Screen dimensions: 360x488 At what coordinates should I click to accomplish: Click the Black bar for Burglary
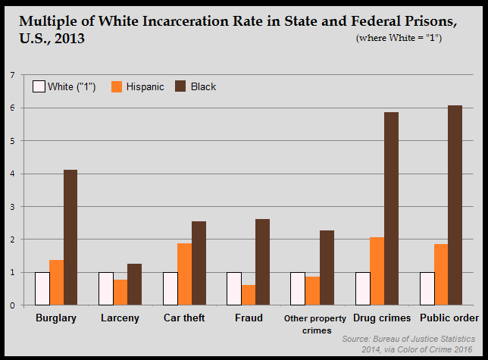point(70,237)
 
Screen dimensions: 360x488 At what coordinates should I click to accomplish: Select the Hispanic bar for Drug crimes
point(376,271)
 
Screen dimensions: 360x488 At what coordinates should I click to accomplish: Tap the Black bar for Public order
point(455,205)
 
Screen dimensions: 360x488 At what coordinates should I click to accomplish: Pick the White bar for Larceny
point(106,289)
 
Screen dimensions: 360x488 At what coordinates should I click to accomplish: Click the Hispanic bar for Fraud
point(249,295)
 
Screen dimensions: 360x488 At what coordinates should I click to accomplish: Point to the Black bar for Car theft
point(199,263)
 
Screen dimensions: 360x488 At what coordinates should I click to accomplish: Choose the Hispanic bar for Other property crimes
point(312,291)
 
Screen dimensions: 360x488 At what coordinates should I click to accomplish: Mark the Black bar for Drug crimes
point(391,208)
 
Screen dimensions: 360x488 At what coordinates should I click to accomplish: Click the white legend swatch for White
point(38,86)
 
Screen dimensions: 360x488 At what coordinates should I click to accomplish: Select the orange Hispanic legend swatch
point(117,86)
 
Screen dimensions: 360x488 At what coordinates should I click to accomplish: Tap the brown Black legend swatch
point(180,86)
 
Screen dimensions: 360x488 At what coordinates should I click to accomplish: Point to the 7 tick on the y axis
point(12,75)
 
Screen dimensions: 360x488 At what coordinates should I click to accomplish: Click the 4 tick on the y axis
point(12,174)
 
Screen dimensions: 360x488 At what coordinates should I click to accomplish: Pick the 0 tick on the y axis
point(12,305)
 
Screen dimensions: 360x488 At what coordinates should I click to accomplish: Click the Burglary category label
point(56,318)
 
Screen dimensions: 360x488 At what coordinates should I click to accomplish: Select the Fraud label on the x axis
point(248,318)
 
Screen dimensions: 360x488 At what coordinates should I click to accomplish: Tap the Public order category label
point(449,318)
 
